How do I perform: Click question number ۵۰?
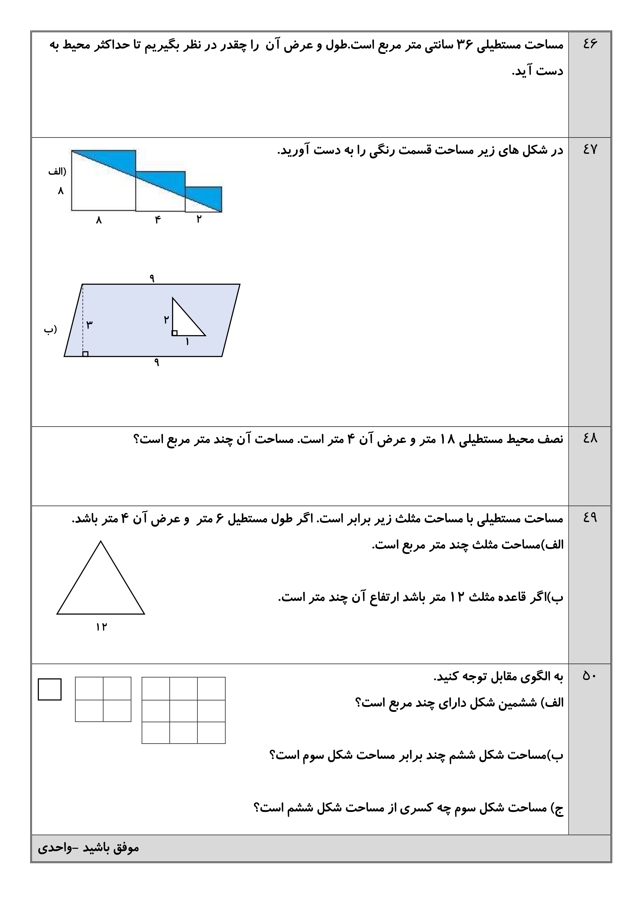click(x=590, y=675)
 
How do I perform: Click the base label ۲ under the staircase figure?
click(x=199, y=219)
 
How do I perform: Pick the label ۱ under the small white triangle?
click(x=187, y=341)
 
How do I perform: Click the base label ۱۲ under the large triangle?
click(x=101, y=627)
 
